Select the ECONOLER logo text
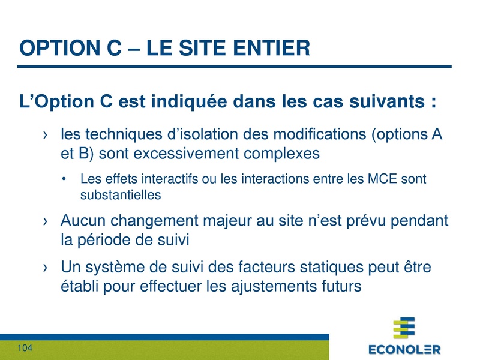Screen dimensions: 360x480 [x=404, y=349]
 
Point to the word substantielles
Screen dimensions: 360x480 [x=121, y=195]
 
